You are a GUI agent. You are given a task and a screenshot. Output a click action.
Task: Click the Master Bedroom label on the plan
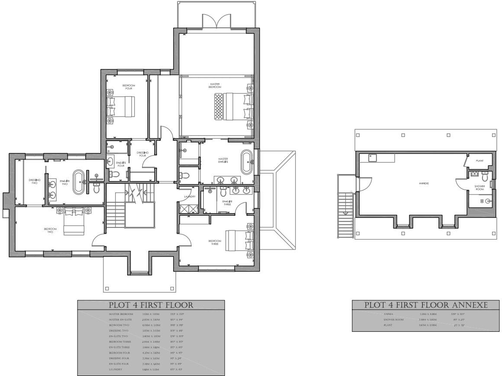pyautogui.click(x=216, y=85)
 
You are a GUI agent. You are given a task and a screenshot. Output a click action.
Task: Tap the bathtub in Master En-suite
pyautogui.click(x=246, y=162)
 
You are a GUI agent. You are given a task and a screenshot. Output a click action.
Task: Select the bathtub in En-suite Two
pyautogui.click(x=79, y=182)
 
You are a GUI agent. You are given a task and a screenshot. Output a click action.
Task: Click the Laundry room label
pyautogui.click(x=190, y=197)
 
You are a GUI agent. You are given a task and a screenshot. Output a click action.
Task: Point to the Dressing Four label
pyautogui.click(x=142, y=154)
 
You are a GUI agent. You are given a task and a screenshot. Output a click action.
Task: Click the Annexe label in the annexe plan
pyautogui.click(x=424, y=183)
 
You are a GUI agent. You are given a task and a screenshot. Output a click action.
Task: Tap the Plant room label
pyautogui.click(x=479, y=161)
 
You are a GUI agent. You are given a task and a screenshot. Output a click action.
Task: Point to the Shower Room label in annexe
pyautogui.click(x=479, y=188)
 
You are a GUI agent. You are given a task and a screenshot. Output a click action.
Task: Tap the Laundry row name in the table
pyautogui.click(x=116, y=370)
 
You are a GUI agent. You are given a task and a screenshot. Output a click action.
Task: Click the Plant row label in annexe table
pyautogui.click(x=388, y=325)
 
